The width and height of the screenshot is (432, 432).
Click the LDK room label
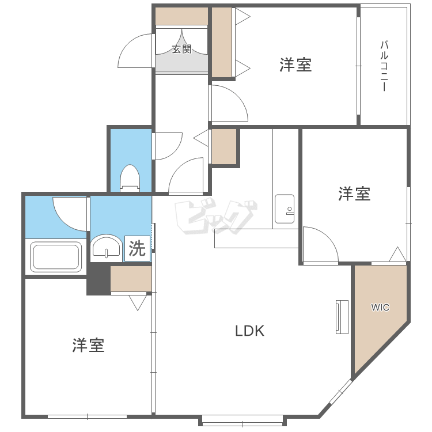[249, 331]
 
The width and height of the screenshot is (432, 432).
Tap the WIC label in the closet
[380, 308]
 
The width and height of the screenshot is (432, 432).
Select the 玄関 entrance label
[181, 50]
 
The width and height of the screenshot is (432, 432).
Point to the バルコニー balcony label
[383, 66]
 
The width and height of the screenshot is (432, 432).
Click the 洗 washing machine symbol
[137, 248]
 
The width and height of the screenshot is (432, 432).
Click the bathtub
[56, 257]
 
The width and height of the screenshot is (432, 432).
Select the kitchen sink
[285, 208]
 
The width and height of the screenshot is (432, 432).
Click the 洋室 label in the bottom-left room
[88, 346]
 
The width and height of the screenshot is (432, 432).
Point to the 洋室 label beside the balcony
[295, 65]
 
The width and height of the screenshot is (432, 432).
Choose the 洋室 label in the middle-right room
[354, 194]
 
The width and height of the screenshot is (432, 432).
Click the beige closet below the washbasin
[131, 279]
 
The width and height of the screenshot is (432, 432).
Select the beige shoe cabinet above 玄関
[181, 16]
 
